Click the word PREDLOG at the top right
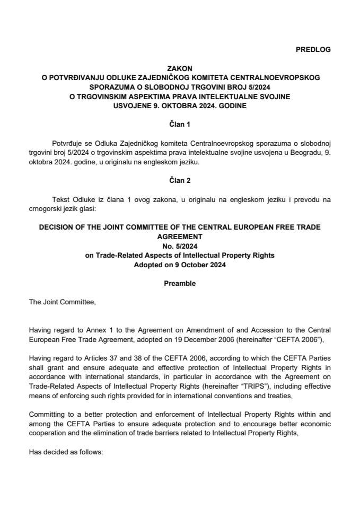click(x=313, y=49)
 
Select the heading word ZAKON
click(x=180, y=68)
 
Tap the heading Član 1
click(x=180, y=123)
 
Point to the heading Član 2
click(x=180, y=180)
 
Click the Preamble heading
click(x=180, y=283)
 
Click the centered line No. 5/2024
click(x=180, y=247)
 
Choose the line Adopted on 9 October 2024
click(x=180, y=265)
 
